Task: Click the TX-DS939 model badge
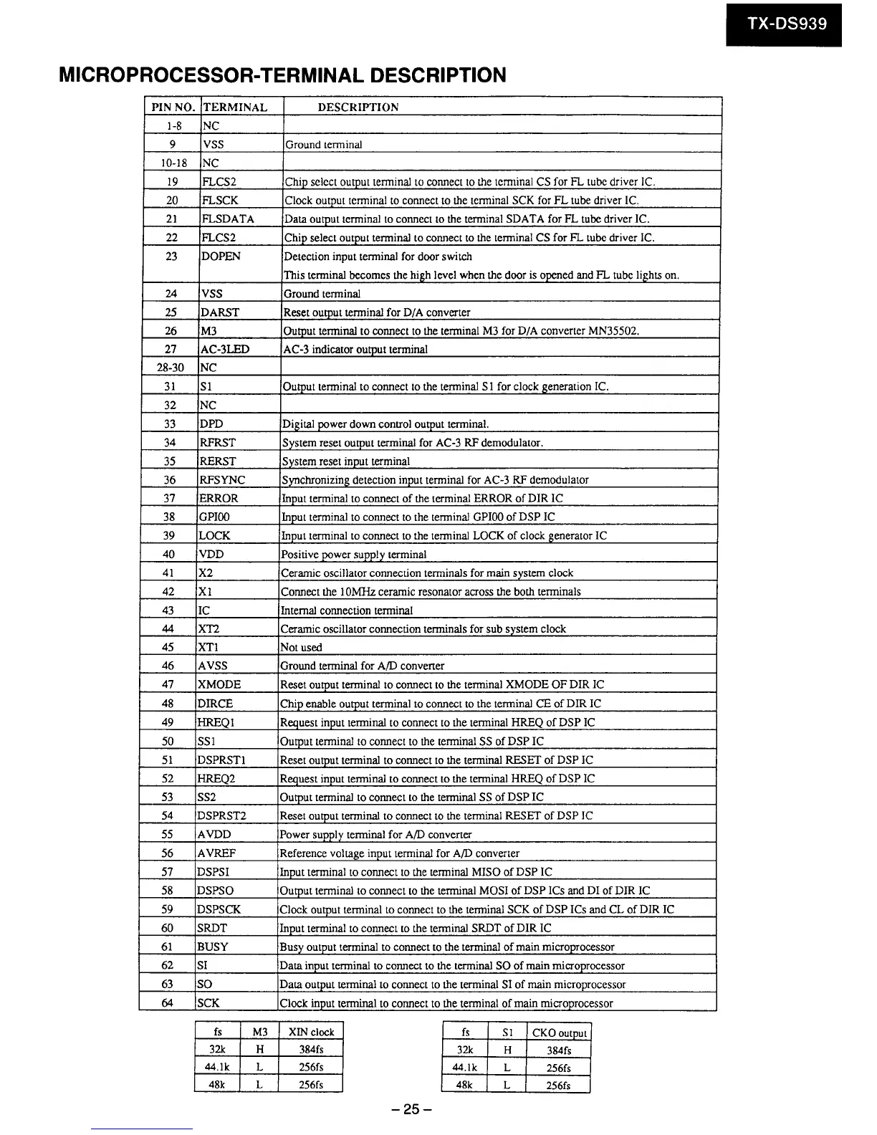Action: click(787, 24)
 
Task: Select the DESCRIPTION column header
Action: click(358, 107)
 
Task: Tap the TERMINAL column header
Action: click(235, 107)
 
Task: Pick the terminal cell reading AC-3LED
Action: click(225, 350)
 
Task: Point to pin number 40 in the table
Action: click(169, 554)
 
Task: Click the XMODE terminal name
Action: click(219, 684)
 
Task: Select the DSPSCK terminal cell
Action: click(219, 909)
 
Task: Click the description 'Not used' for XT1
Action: click(301, 647)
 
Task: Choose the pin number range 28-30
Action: click(171, 368)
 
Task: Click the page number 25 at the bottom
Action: click(409, 1110)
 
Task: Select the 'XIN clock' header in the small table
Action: click(311, 1032)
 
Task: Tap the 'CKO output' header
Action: click(559, 1033)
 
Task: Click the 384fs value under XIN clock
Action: click(311, 1050)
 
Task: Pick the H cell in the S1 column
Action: click(507, 1050)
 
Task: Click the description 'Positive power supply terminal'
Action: click(353, 554)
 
